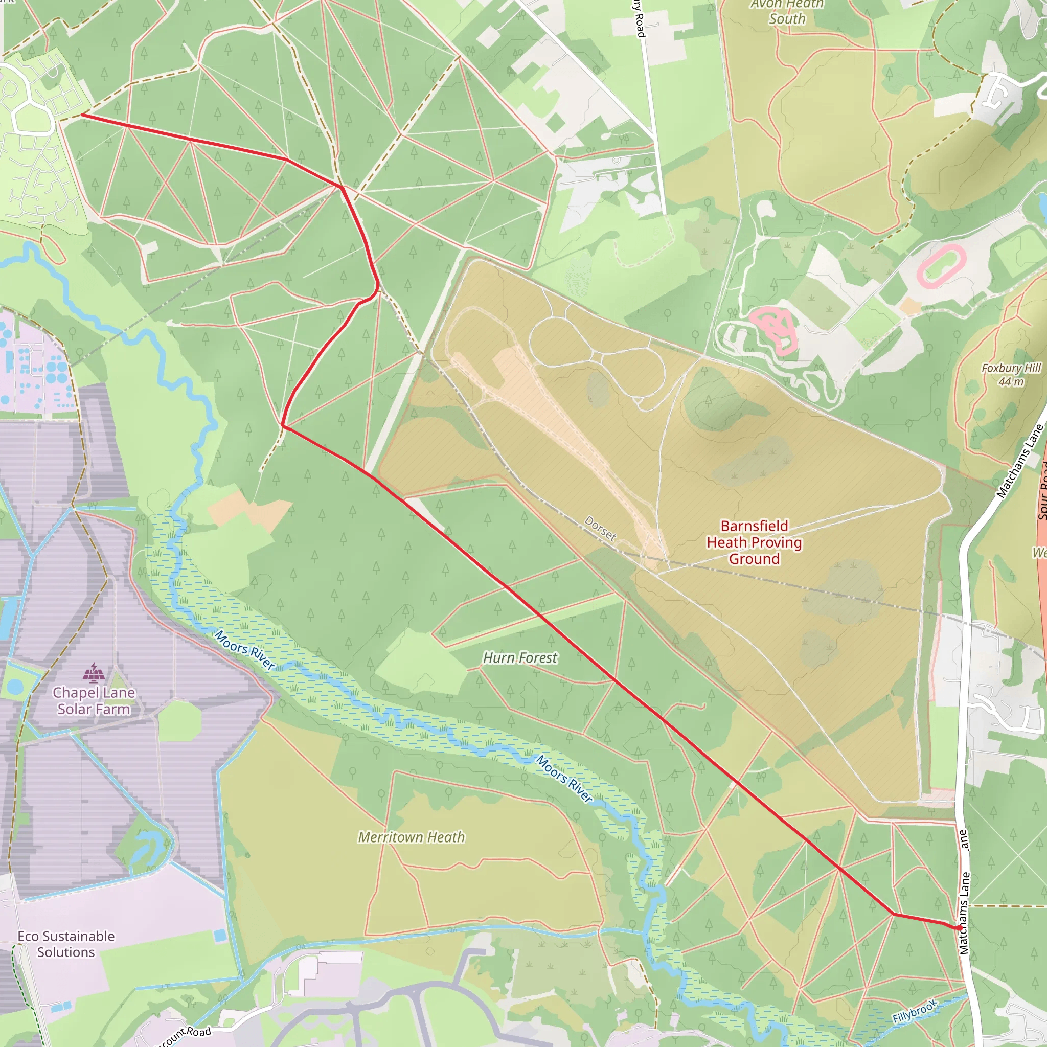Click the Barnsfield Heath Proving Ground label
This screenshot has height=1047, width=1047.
coord(754,542)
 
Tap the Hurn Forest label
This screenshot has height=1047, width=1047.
coord(520,657)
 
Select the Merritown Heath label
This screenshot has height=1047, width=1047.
coord(412,837)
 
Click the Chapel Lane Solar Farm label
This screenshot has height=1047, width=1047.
coord(94,701)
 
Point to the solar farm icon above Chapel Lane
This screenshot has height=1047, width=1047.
coord(94,673)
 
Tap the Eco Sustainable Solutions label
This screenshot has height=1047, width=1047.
coord(65,944)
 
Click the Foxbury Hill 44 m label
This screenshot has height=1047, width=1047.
coord(1011,374)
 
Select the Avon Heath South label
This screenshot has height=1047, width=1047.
coord(787,12)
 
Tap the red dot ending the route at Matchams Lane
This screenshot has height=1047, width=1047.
coord(960,928)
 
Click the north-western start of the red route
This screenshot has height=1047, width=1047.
coord(82,115)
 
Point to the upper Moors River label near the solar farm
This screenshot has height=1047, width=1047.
coord(245,650)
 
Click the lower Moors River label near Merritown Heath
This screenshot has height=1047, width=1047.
coord(564,778)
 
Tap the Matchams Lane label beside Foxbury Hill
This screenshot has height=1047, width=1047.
coord(1020,461)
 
